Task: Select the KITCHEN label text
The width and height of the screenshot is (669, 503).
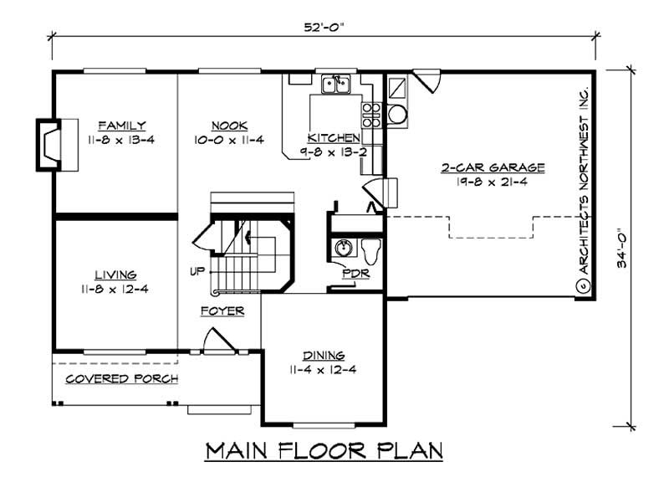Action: point(334,138)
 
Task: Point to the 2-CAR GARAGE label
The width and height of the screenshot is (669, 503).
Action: point(493,167)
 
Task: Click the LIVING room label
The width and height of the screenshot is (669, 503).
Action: point(115,275)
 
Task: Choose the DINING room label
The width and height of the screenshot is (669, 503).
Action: point(325,355)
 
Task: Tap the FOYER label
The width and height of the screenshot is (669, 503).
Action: point(222,311)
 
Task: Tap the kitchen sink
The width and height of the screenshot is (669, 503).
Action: point(338,83)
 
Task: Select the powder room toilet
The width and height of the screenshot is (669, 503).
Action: point(371,249)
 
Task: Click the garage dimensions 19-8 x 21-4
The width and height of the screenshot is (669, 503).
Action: point(493,181)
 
